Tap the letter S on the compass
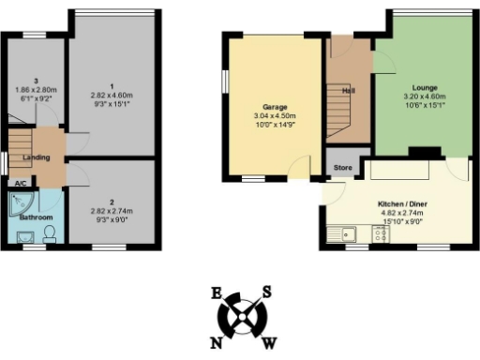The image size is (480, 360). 267,292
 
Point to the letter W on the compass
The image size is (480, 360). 269,342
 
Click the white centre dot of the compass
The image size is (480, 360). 243,317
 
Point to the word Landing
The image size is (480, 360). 37,157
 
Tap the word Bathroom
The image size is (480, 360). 36,217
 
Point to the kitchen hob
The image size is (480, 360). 381,234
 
